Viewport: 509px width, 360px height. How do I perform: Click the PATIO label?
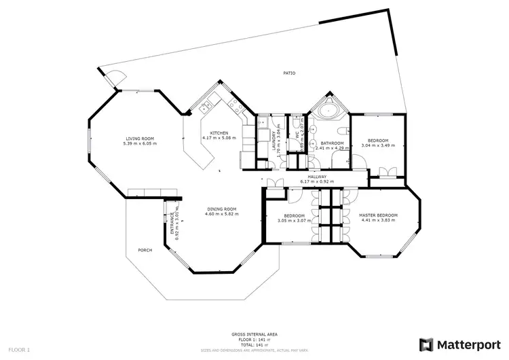click(x=289, y=73)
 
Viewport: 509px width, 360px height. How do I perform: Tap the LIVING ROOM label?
click(x=140, y=138)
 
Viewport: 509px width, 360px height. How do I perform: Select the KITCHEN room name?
click(x=219, y=132)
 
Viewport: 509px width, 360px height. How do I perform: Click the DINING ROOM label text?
click(x=221, y=209)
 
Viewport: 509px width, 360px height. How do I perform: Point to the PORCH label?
click(x=145, y=250)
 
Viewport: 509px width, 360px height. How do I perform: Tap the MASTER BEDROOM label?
click(x=378, y=215)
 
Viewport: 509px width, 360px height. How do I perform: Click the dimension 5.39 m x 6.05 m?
click(x=140, y=143)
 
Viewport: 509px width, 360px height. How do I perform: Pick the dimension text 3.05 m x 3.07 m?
click(x=295, y=220)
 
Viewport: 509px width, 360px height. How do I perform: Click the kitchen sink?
click(x=205, y=107)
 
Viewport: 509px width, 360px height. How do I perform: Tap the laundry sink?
click(x=261, y=123)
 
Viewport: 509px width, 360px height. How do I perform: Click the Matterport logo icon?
click(x=427, y=344)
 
